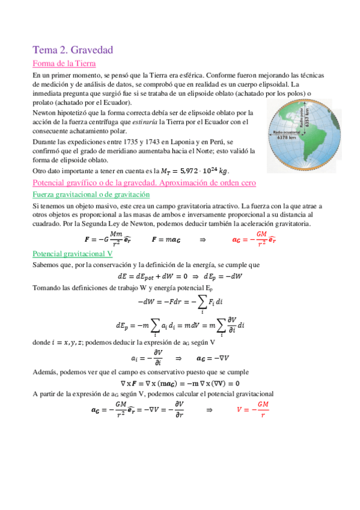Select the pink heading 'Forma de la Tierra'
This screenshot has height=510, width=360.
(x=64, y=64)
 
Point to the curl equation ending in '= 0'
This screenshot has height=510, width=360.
(x=180, y=383)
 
